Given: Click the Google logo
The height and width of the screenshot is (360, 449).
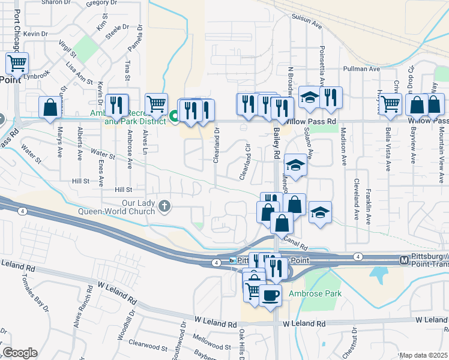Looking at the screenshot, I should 20,353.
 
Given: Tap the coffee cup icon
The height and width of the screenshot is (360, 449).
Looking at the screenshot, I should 270,295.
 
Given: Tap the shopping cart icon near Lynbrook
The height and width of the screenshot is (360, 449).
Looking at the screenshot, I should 17,63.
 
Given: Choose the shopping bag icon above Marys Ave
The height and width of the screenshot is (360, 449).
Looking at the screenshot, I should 50,107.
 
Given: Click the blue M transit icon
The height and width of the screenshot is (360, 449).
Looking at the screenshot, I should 405,260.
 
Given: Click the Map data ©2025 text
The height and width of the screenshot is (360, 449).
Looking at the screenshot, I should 423,355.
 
